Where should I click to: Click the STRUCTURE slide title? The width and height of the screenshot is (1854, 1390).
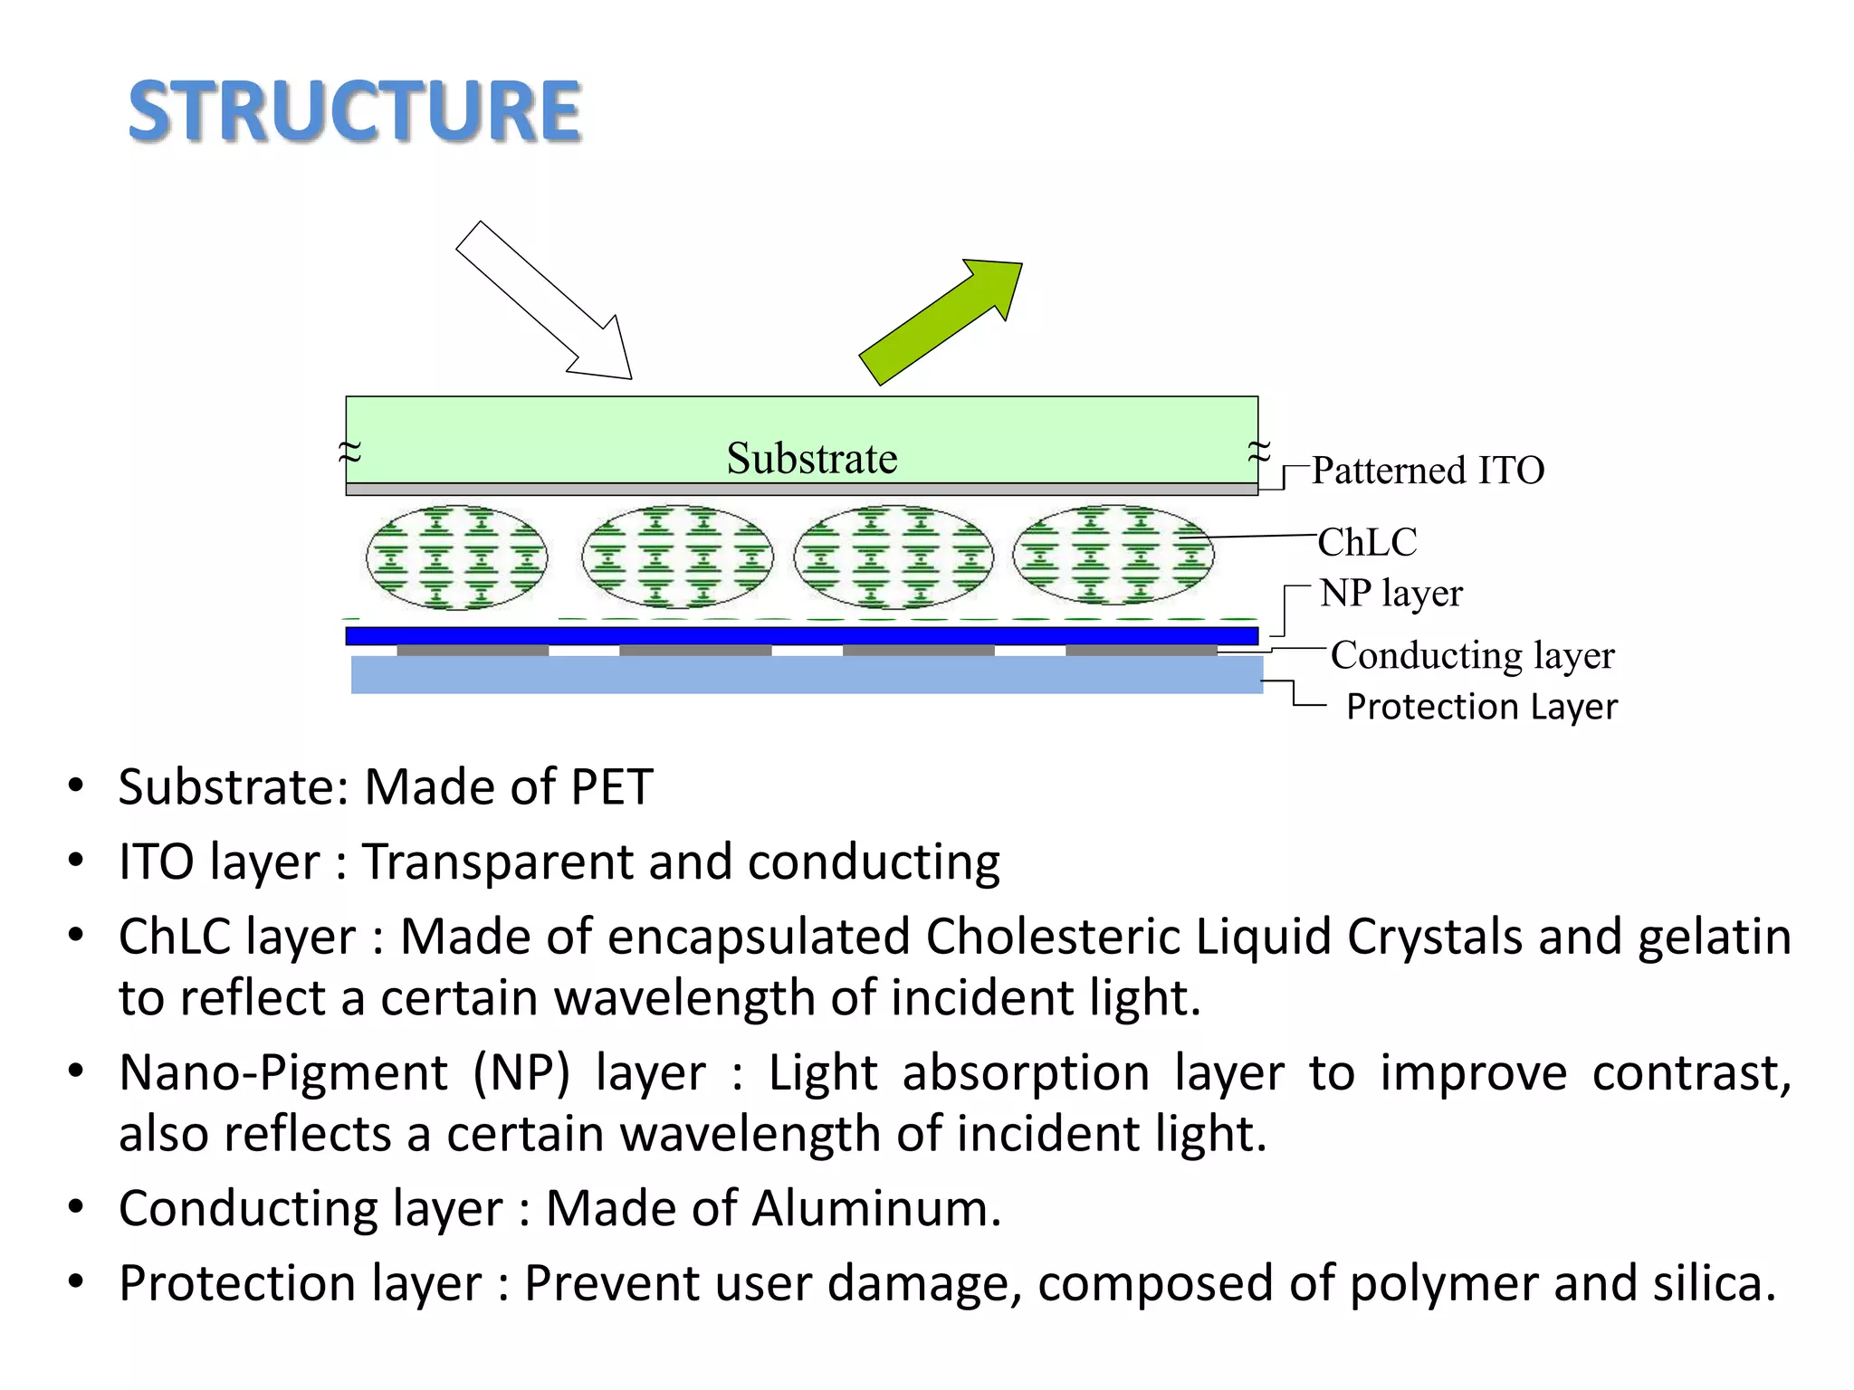(x=354, y=111)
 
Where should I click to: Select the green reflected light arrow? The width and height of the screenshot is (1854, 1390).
(x=941, y=321)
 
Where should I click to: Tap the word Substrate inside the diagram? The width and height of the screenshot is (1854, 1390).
(x=811, y=458)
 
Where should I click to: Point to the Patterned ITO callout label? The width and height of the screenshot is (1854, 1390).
(x=1428, y=471)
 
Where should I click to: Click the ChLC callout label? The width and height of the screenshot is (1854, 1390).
(x=1367, y=542)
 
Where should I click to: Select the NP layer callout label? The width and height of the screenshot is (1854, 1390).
(x=1390, y=594)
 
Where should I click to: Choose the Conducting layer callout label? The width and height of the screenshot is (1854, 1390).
(x=1472, y=655)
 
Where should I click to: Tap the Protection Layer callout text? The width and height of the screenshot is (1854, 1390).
(x=1481, y=707)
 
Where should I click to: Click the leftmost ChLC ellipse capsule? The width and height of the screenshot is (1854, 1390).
(x=456, y=557)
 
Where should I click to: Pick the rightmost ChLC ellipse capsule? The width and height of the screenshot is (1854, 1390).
(x=1113, y=556)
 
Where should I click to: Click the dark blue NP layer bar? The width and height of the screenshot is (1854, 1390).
(x=801, y=636)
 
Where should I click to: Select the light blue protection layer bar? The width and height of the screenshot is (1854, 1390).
(x=806, y=675)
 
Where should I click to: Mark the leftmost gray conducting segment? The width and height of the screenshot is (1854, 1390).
(x=473, y=651)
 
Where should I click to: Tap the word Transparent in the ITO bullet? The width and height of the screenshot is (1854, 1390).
(x=497, y=862)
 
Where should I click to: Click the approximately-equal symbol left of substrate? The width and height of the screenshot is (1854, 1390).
(x=349, y=451)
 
